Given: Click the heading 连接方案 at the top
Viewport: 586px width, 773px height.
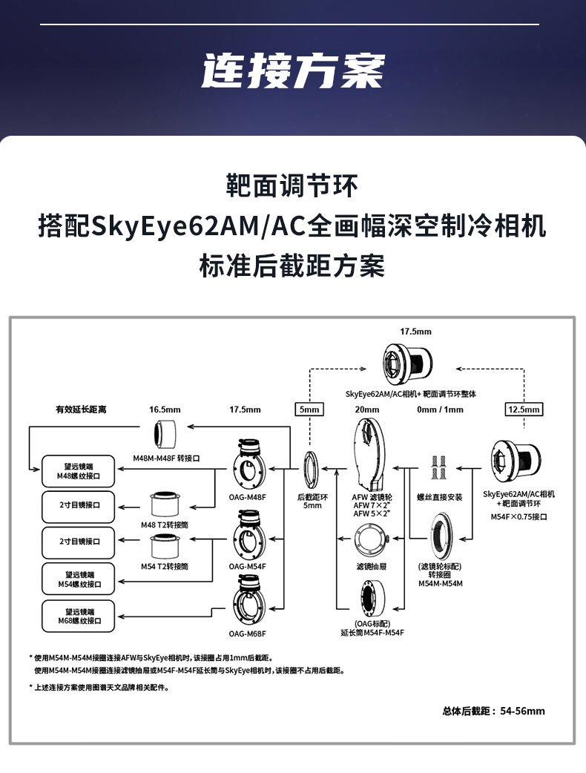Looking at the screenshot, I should click(293, 71).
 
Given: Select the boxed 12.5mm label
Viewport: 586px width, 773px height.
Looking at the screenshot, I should click(524, 409).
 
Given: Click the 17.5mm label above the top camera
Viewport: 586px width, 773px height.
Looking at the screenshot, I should click(415, 332).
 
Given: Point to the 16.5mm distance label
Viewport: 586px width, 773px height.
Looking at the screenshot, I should click(165, 409).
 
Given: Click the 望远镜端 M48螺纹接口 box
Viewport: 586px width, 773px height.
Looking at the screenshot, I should click(79, 470).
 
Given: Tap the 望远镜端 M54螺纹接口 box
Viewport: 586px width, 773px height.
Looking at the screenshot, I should click(79, 579).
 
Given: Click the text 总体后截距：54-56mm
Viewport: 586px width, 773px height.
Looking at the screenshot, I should click(493, 711).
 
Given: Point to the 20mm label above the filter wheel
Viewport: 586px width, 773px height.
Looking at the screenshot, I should click(367, 409).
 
